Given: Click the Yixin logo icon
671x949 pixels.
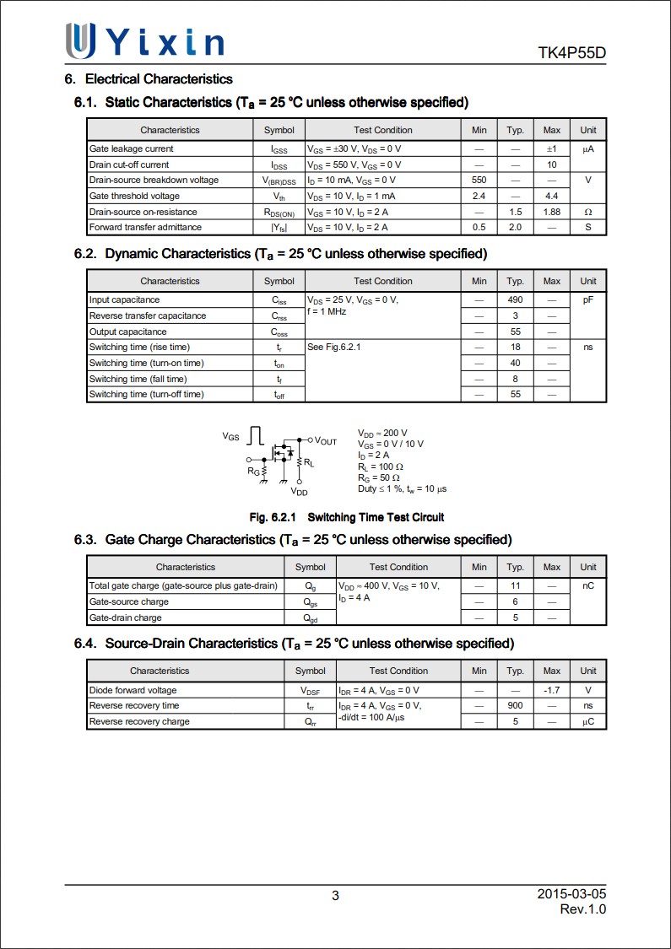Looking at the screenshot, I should pos(81,40).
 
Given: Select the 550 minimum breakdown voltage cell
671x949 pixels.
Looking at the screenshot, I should pos(479,181).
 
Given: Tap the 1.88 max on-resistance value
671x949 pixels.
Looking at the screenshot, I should pos(551,212).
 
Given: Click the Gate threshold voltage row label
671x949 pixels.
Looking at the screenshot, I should pos(134,196).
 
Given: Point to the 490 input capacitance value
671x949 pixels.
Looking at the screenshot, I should pos(515,299).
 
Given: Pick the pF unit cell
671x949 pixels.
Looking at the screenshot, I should pos(588,299).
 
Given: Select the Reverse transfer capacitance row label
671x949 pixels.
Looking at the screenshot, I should pos(148,315).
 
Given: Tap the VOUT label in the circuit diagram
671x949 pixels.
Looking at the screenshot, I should pos(325,441).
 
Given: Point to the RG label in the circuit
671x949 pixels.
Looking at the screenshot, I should pos(253,472).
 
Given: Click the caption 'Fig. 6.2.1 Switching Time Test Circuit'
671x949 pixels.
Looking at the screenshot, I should pos(346,517).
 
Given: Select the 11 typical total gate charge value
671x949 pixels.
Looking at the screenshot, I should pos(515,585).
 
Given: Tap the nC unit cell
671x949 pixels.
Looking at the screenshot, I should pos(588,585).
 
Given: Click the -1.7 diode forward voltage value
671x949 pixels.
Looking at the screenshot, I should pos(551,690).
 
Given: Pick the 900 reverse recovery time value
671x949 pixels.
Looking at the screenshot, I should pos(515,705).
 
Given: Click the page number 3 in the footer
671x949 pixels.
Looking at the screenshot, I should pos(335,896).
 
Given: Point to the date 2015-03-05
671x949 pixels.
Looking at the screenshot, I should pos(571,893).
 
